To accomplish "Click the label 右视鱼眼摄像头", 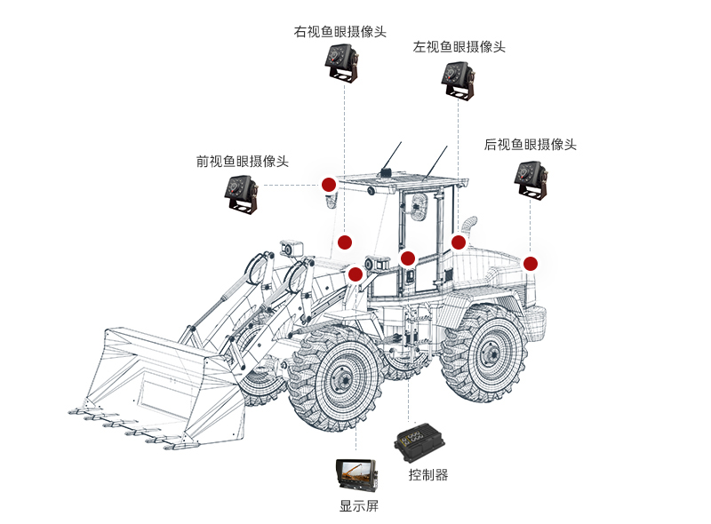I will point(340,32).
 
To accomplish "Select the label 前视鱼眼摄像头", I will point(243,162).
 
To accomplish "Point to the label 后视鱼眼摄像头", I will point(531,144).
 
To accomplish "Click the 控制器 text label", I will point(428,475).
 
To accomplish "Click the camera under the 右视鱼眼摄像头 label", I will point(341,65).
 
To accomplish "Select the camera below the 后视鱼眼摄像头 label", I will point(531,177).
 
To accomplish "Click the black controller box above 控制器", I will point(420,441).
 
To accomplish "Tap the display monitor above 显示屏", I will point(358,476).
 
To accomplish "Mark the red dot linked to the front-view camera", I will point(328,185).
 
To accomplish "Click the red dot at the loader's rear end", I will point(531,263).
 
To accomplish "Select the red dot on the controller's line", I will point(408,258).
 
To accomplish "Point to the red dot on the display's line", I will point(355,274).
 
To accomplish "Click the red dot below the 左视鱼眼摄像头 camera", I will point(459,242).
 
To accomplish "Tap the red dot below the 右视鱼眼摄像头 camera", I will point(345,242).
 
